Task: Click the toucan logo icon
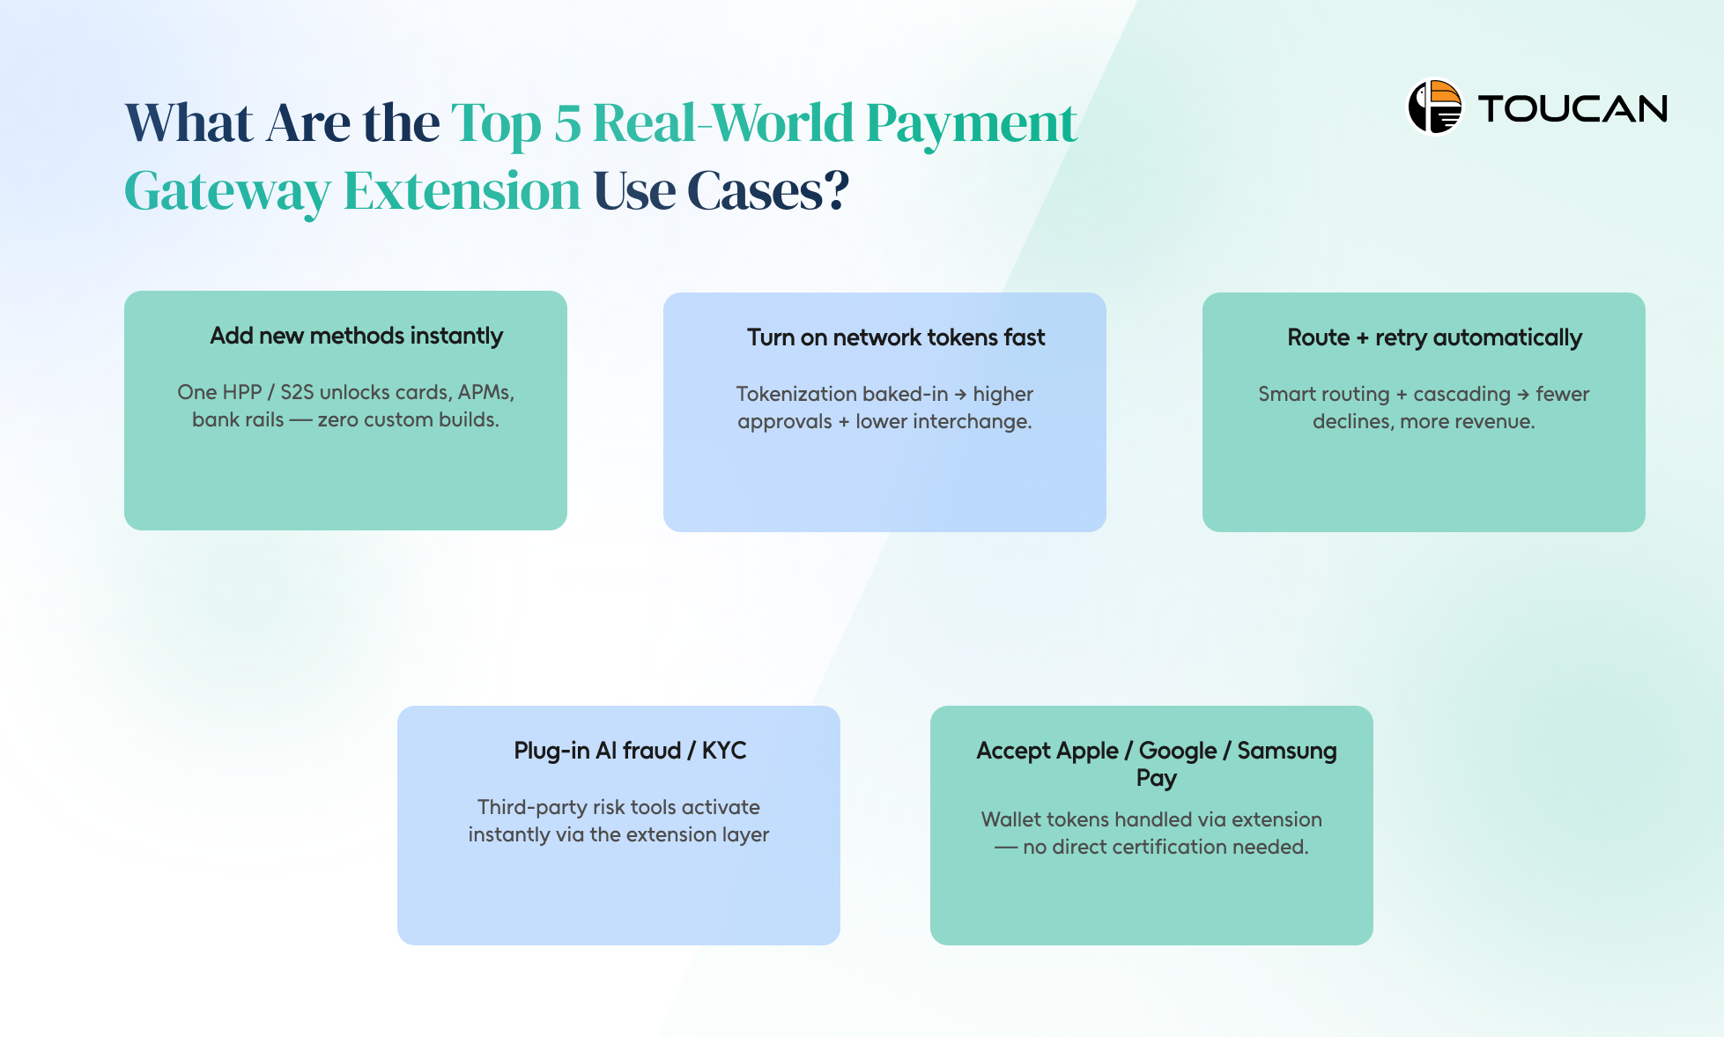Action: click(x=1434, y=107)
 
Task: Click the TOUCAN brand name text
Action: click(x=1572, y=109)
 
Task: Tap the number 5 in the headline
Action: click(x=567, y=123)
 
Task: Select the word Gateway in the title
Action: click(x=227, y=191)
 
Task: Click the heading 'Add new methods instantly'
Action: click(x=356, y=336)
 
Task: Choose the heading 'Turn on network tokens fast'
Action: click(x=896, y=337)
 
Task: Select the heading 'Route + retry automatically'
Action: click(x=1434, y=337)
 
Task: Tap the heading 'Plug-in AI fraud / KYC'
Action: click(x=630, y=751)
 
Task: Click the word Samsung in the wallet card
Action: click(x=1286, y=751)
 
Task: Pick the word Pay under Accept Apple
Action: click(x=1156, y=778)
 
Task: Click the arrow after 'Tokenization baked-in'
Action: click(x=960, y=395)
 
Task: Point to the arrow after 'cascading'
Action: click(x=1523, y=395)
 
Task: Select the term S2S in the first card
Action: click(x=297, y=392)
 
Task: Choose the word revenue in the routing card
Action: click(x=1498, y=422)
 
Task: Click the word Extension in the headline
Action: click(x=462, y=191)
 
